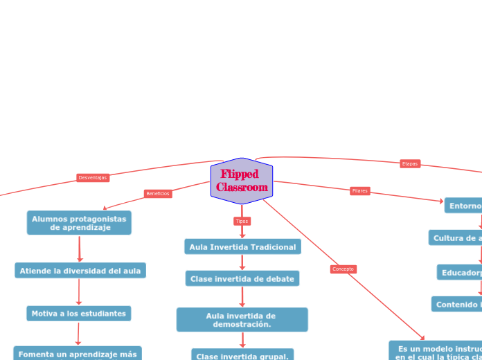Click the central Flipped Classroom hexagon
[x=242, y=181]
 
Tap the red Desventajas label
[x=93, y=178]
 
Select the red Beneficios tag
[x=158, y=194]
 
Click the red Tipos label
[x=242, y=222]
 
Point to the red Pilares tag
[x=360, y=191]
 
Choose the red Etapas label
[x=410, y=164]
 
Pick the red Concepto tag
[x=343, y=269]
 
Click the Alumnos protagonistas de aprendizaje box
[x=79, y=223]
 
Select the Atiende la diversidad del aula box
[x=80, y=271]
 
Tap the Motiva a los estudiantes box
[x=79, y=314]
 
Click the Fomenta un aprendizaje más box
[x=78, y=353]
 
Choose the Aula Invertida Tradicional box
[x=242, y=246]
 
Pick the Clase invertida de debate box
[x=242, y=278]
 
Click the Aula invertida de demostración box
[x=242, y=320]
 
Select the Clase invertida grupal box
[x=242, y=354]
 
